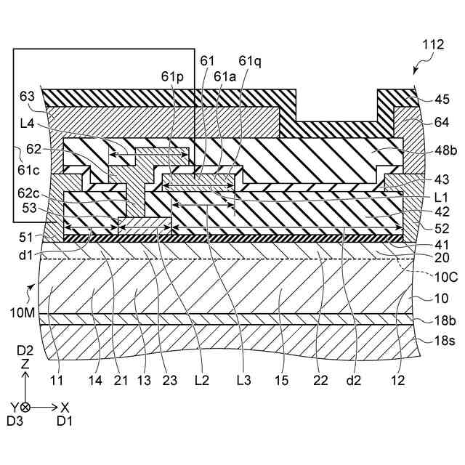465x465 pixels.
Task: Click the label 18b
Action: [x=434, y=320]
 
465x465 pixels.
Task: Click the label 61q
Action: [x=248, y=62]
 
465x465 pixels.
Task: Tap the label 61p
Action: [x=173, y=76]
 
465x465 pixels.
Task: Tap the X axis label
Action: [x=65, y=408]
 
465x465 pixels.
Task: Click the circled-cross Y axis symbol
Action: [x=25, y=408]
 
